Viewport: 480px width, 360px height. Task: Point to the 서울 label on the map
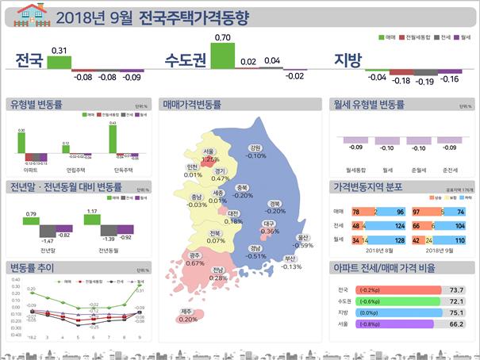pos(209,151)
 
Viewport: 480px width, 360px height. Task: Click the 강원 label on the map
pos(255,147)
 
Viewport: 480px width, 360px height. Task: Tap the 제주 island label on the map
pos(187,311)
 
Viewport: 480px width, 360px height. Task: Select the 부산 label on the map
pos(290,259)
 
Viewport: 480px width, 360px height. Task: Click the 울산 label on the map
pos(302,237)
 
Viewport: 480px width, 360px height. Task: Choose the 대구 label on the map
pos(270,224)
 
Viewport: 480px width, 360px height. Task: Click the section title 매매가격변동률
pos(191,104)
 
